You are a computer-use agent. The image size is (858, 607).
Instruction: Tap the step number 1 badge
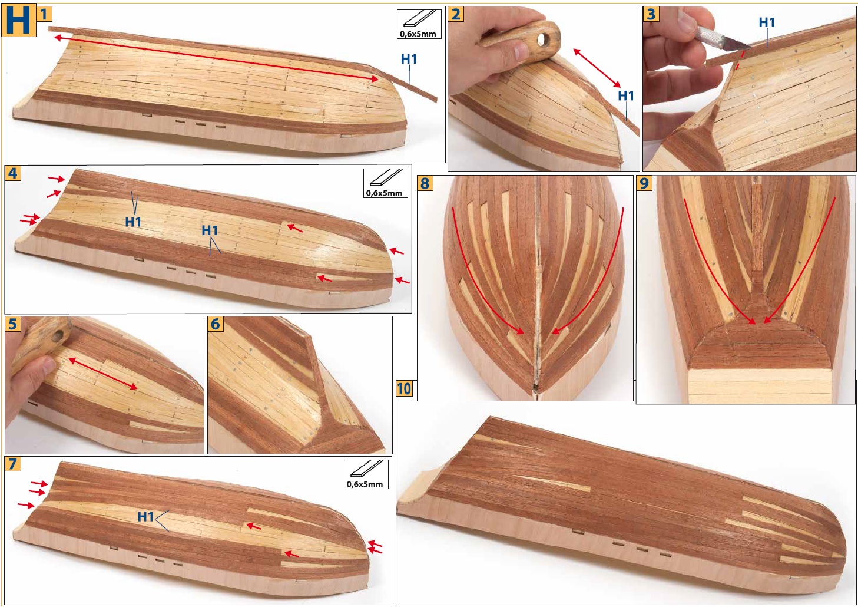44,15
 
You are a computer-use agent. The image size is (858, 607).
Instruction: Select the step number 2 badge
456,15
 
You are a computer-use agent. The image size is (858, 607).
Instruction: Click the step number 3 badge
651,15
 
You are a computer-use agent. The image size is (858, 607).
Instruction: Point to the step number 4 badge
12,173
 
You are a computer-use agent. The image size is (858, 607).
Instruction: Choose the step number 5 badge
12,324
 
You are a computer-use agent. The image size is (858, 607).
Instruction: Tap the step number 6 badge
216,324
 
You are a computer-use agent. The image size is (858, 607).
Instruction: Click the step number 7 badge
12,464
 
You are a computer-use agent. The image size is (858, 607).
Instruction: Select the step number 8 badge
425,183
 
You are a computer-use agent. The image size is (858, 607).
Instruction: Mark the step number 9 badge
644,183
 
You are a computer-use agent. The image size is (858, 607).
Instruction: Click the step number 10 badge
404,388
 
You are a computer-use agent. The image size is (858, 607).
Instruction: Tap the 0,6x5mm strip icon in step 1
419,24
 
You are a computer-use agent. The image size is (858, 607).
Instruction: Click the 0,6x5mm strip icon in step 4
385,183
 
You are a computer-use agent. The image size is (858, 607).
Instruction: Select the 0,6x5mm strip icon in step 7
366,474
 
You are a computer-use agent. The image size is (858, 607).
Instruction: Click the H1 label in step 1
409,59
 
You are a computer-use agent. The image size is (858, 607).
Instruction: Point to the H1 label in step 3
767,22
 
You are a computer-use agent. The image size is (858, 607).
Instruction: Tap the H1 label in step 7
145,517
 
